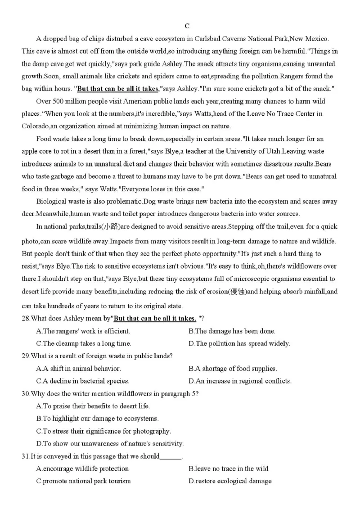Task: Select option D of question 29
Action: point(240,381)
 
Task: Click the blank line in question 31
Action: point(171,456)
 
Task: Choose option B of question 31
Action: point(228,468)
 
